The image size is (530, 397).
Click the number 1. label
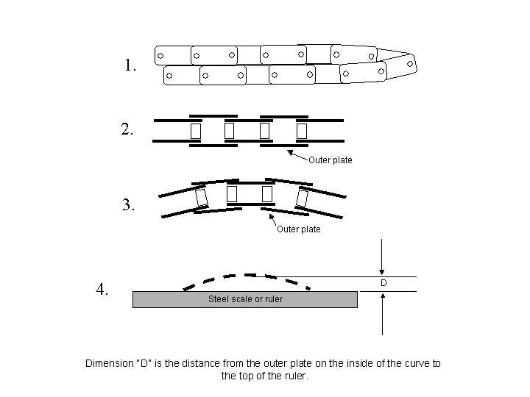coord(130,65)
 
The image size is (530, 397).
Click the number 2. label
coord(127,130)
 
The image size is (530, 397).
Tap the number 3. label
coord(129,205)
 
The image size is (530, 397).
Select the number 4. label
coord(102,289)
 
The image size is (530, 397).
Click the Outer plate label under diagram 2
coord(331,160)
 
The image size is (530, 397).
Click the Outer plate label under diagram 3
coord(299,229)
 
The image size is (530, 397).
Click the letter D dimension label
coord(384,283)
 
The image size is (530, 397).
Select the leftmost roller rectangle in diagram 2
coord(195,131)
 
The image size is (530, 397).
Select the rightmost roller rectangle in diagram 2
coord(301,131)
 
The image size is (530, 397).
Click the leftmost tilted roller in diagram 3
coord(200,198)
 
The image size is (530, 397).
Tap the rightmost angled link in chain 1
coord(400,65)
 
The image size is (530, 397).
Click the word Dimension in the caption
coord(107,363)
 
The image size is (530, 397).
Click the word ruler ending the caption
coord(295,376)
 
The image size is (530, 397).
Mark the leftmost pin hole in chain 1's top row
coord(160,56)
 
